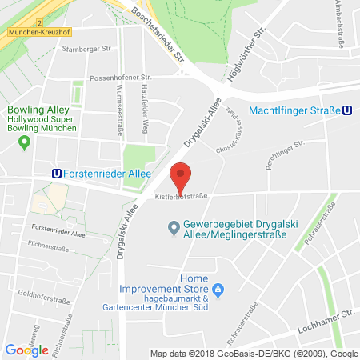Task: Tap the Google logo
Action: click(x=26, y=350)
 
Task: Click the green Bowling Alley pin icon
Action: click(x=25, y=144)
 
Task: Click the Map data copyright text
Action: click(x=254, y=353)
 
